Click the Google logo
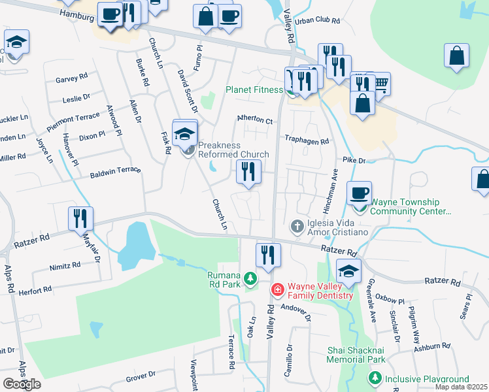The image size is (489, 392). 22,384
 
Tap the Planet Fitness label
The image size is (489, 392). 253,90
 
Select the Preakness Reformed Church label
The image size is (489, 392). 233,150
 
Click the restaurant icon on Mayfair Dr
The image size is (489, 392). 80,218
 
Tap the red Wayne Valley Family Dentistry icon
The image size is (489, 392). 277,288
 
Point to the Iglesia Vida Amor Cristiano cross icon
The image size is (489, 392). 297,226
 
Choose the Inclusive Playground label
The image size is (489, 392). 426,379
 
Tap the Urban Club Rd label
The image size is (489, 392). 318,21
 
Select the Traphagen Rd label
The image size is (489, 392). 307,139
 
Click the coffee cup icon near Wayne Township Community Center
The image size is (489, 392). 359,193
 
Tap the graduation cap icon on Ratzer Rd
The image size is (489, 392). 349,270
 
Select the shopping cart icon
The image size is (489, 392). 379,83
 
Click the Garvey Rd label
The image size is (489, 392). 71,78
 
